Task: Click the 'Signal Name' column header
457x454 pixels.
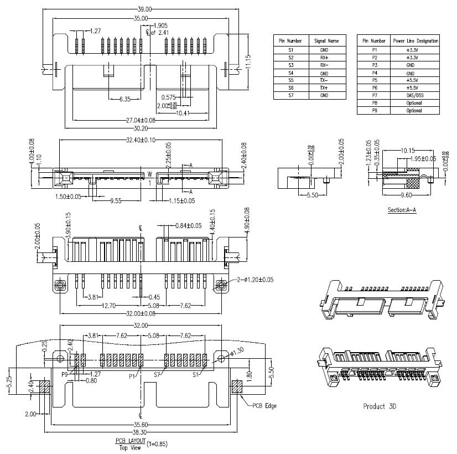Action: coord(326,41)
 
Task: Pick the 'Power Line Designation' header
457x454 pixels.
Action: coord(416,41)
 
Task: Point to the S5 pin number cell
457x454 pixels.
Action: coord(290,80)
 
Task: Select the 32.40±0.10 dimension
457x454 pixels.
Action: coord(141,140)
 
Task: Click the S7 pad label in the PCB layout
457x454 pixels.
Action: coord(157,374)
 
